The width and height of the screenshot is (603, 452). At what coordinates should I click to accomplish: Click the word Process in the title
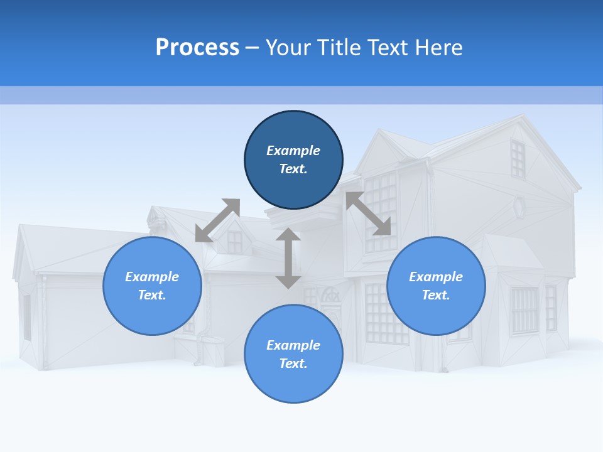(197, 48)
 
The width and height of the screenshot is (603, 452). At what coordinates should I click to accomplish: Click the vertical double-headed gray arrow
(288, 258)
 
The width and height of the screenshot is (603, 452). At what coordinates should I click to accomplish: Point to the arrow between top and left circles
(217, 220)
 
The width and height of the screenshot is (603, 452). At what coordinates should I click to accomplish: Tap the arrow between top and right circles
(368, 213)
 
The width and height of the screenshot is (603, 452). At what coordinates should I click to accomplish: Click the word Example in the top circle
(293, 151)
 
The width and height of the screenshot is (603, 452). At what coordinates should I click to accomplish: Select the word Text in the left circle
(152, 295)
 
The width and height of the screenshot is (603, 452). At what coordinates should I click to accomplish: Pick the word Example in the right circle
(436, 277)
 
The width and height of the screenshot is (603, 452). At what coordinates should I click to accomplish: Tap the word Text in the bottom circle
(293, 363)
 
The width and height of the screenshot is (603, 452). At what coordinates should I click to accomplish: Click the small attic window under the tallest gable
(518, 159)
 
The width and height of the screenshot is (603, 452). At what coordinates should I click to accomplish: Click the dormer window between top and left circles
(234, 242)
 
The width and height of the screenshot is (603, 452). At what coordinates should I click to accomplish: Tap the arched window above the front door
(330, 296)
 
